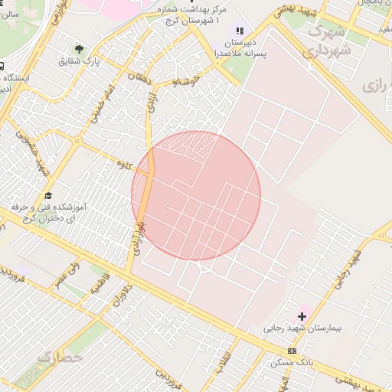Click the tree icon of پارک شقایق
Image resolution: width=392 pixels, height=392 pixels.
click(78, 49)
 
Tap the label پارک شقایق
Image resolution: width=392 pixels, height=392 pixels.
click(81, 60)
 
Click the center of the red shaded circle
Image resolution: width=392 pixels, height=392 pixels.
click(196, 196)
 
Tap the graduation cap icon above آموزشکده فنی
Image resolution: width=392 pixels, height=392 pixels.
click(48, 196)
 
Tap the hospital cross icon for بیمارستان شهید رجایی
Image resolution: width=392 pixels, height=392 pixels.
click(302, 315)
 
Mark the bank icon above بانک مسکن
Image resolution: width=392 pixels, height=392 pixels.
click(291, 350)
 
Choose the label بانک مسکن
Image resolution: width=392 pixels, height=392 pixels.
click(292, 361)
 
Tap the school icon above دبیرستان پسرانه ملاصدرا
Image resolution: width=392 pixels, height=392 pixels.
click(240, 31)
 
